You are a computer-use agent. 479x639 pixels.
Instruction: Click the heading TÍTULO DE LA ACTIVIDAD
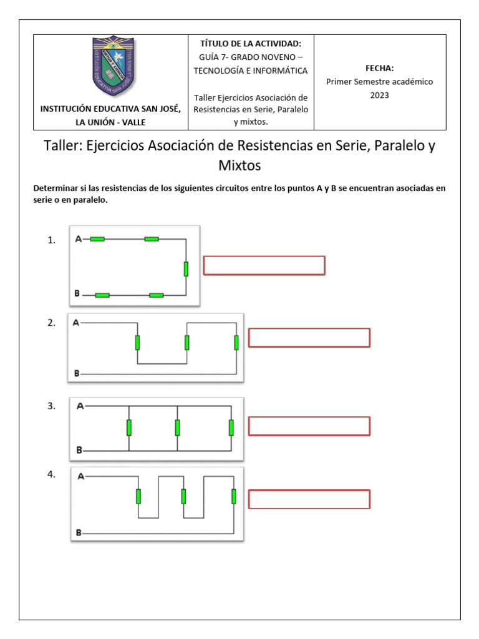click(250, 44)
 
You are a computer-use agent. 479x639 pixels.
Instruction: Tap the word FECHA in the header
click(379, 68)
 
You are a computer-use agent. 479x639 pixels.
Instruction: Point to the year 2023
click(379, 95)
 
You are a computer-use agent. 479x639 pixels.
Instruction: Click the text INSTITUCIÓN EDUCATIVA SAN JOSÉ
click(110, 109)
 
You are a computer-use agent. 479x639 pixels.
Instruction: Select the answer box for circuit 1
click(264, 265)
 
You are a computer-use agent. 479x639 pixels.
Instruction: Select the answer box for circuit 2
click(309, 338)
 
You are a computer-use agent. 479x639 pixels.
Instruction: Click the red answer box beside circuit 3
click(309, 426)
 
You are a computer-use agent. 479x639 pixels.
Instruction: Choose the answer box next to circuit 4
click(309, 499)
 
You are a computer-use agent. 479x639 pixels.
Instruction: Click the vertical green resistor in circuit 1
click(186, 268)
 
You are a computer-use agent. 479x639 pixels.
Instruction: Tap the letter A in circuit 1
click(78, 238)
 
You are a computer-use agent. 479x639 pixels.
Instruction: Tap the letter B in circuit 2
click(77, 374)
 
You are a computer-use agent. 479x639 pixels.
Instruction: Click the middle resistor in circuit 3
click(177, 427)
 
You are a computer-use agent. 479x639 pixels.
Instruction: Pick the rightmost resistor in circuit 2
click(236, 343)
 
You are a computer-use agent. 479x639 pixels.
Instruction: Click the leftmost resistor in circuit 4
click(138, 496)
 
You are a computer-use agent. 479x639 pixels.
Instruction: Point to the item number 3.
click(51, 406)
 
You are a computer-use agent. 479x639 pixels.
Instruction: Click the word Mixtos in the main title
click(239, 166)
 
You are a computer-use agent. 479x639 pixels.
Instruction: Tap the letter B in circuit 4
click(79, 533)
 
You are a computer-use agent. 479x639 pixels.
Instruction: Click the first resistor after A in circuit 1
click(97, 238)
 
